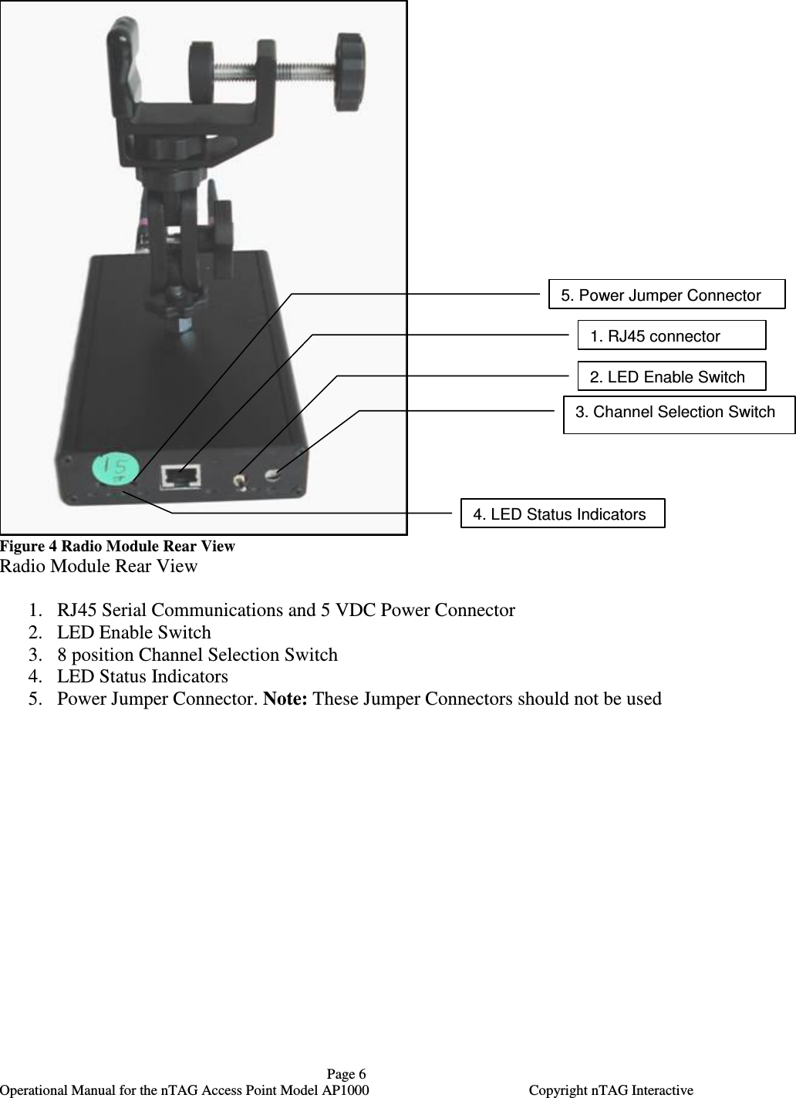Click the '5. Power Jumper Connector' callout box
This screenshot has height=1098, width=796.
click(x=666, y=295)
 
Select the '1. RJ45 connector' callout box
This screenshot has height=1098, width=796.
click(x=671, y=335)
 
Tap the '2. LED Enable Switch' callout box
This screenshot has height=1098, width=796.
click(x=671, y=376)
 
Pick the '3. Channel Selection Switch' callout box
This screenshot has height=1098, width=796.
click(x=679, y=415)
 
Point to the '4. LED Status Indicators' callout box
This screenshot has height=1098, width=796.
click(x=562, y=514)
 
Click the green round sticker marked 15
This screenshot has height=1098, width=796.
click(x=116, y=468)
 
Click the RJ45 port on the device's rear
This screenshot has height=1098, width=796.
click(x=181, y=477)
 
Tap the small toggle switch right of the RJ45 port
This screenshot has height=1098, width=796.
click(x=241, y=483)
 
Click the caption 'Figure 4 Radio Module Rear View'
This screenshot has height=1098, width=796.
click(x=117, y=546)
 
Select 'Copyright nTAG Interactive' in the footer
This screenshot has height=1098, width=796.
click(x=611, y=1090)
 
